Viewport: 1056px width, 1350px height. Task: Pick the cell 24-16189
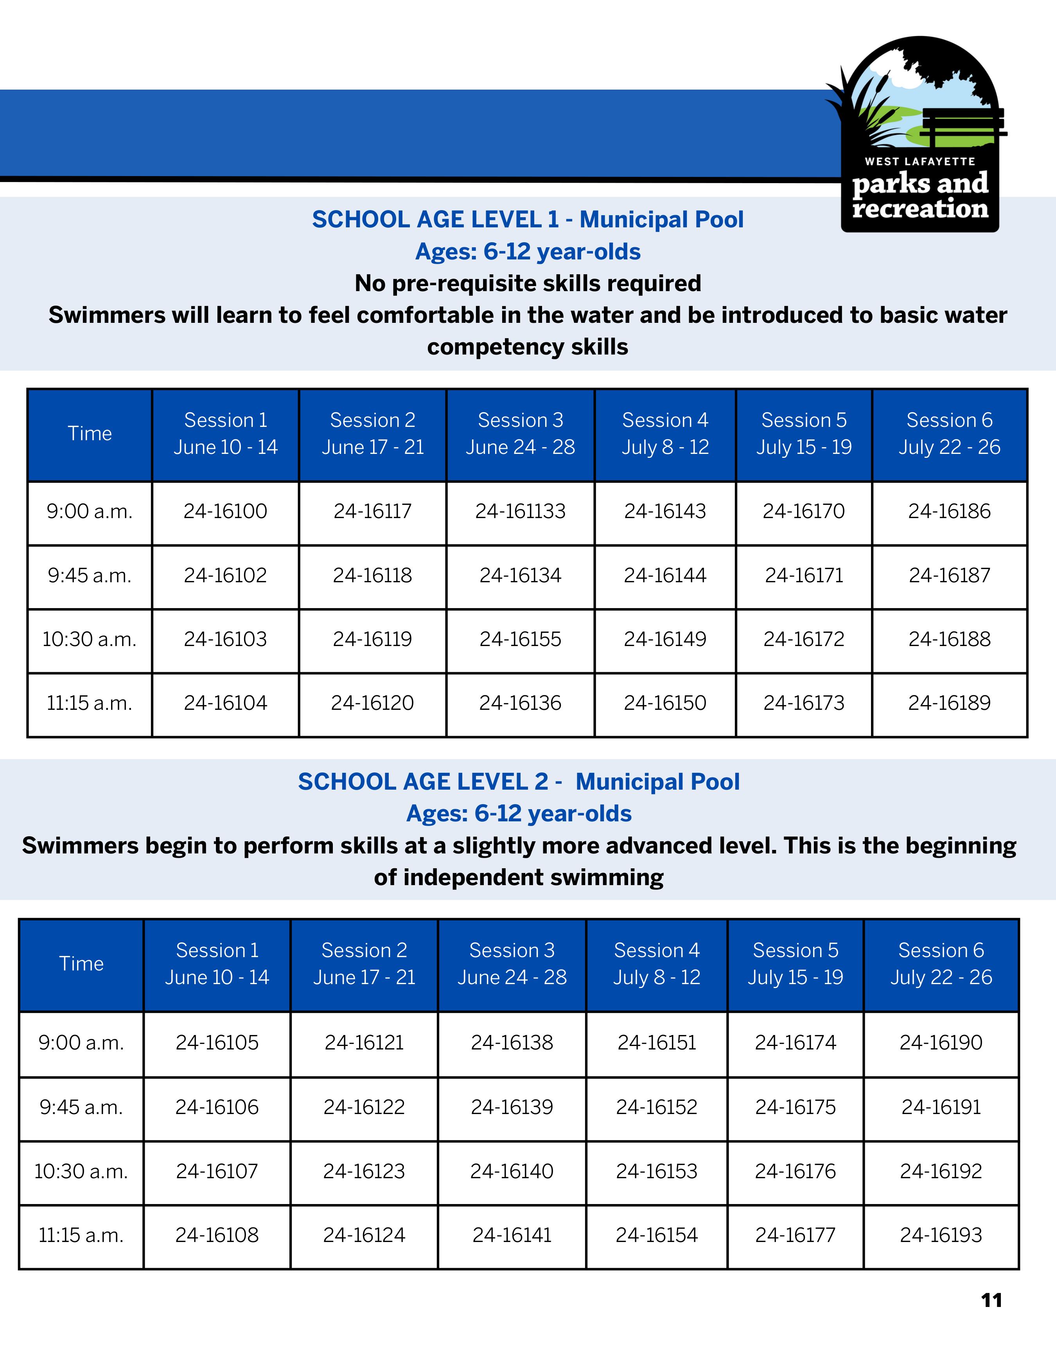[949, 703]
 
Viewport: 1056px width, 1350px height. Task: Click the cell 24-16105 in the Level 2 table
[217, 1043]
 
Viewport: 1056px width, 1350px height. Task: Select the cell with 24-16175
[795, 1107]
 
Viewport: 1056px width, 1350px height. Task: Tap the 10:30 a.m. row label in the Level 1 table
[90, 639]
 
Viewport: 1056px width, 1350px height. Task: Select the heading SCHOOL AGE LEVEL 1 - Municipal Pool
[527, 220]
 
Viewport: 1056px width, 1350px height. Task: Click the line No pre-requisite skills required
[527, 283]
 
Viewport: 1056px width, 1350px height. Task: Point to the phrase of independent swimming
[518, 878]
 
